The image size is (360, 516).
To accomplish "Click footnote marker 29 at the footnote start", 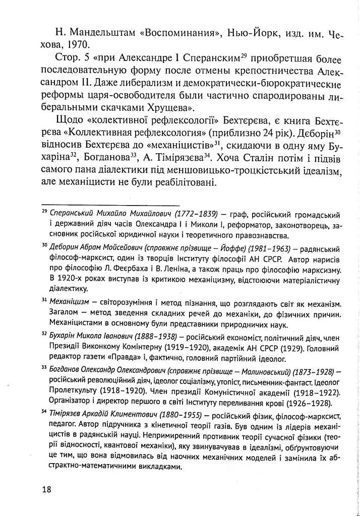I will coord(44,212).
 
